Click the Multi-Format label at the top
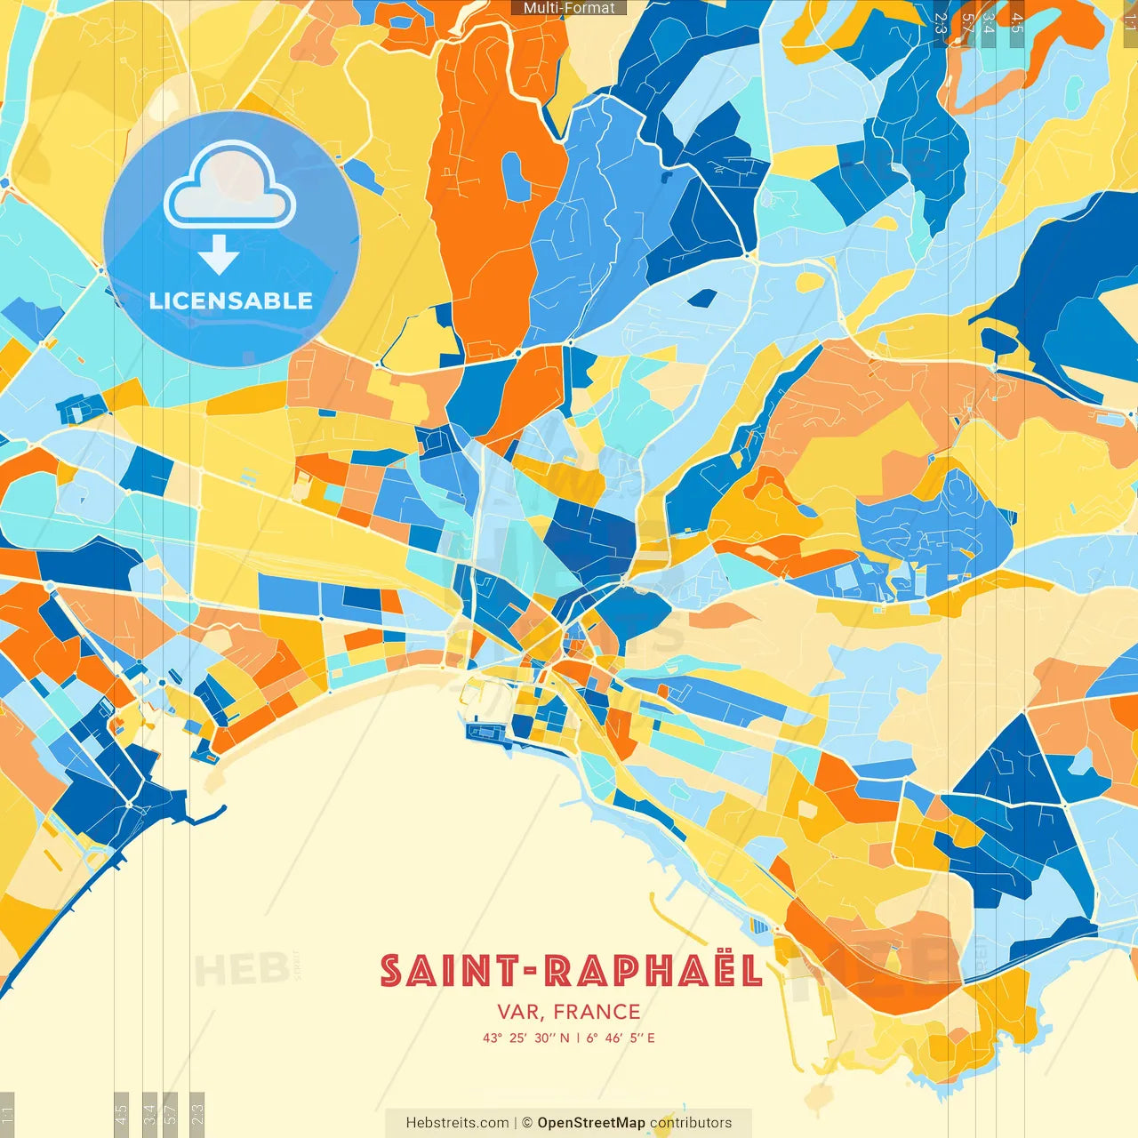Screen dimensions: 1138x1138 (x=569, y=8)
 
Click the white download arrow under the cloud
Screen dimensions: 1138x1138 (x=219, y=257)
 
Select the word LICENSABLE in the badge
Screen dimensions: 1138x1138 (x=231, y=301)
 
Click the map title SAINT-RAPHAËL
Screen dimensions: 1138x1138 (x=571, y=971)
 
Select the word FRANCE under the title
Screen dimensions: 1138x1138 (x=597, y=1012)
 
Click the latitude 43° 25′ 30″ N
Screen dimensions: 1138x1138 (x=526, y=1038)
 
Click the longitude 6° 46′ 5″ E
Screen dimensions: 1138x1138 (x=621, y=1038)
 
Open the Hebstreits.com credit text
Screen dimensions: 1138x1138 (x=457, y=1123)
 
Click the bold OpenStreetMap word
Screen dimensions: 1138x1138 (x=591, y=1123)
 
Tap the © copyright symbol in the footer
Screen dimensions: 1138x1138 (x=527, y=1123)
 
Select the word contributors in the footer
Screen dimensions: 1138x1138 (x=691, y=1123)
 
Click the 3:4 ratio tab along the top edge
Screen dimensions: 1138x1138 (x=989, y=21)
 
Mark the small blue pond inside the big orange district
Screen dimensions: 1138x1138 (x=512, y=174)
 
